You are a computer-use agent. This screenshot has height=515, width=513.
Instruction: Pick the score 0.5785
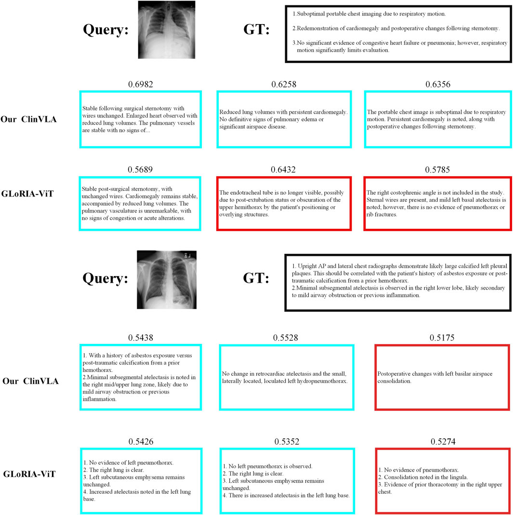(x=438, y=169)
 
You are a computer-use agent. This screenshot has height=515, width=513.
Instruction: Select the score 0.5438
(x=141, y=338)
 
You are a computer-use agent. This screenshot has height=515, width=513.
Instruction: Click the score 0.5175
(x=442, y=338)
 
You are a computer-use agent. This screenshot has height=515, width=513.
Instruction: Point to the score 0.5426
(x=141, y=441)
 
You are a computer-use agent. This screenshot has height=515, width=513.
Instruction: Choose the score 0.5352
(x=287, y=441)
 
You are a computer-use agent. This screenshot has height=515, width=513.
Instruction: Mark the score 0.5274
(x=442, y=441)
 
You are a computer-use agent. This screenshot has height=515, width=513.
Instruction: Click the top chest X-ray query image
(x=166, y=29)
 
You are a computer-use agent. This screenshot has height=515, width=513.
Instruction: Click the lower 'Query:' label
(x=106, y=279)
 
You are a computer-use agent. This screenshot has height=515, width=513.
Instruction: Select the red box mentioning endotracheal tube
(x=284, y=203)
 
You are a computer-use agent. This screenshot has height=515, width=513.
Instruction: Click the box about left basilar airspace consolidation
(x=442, y=377)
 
